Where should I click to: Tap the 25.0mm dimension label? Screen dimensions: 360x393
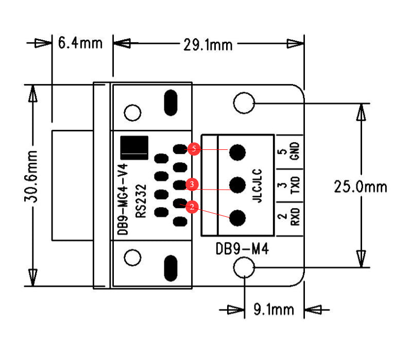pyautogui.click(x=360, y=186)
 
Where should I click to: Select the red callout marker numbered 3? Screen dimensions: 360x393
pyautogui.click(x=191, y=184)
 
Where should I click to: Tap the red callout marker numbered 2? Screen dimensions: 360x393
pyautogui.click(x=191, y=208)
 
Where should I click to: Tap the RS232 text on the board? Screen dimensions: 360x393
pyautogui.click(x=142, y=202)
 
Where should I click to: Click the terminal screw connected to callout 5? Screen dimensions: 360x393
pyautogui.click(x=237, y=151)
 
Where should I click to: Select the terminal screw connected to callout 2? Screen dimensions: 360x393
pyautogui.click(x=237, y=218)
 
